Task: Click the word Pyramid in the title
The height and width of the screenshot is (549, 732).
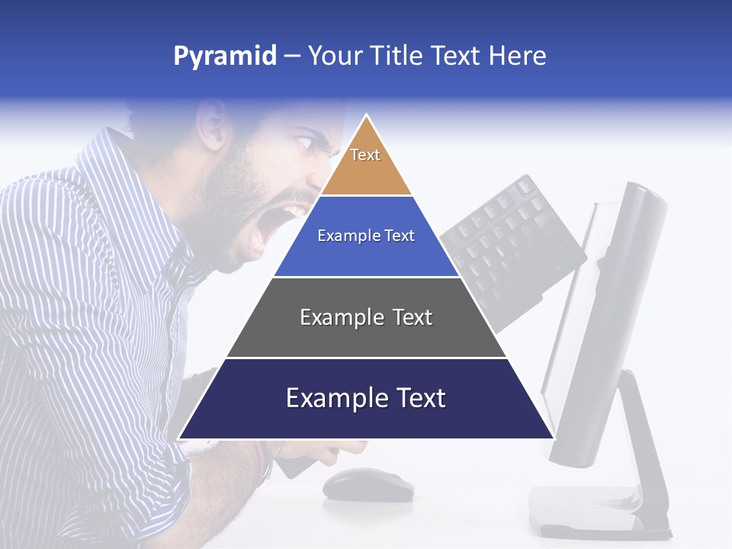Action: tap(225, 56)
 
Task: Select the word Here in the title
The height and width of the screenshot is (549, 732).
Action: tap(518, 56)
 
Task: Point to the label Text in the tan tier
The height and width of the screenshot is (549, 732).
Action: tap(365, 155)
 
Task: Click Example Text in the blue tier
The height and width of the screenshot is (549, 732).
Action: tap(366, 236)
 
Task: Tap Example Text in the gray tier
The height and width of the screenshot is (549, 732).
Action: tap(366, 317)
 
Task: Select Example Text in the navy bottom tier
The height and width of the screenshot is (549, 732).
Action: tap(366, 398)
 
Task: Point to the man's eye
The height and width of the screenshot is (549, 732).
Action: tap(303, 142)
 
